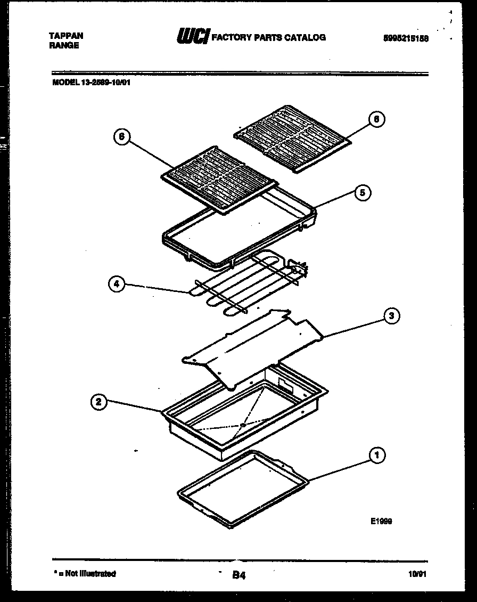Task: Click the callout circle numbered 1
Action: (377, 455)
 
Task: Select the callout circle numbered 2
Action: (97, 402)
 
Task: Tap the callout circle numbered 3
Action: (391, 316)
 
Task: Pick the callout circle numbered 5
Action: (362, 193)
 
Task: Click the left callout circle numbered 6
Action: (121, 137)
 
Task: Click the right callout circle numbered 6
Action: (376, 119)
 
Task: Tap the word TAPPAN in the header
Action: (66, 36)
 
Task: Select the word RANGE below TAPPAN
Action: (64, 46)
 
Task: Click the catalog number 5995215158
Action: (406, 38)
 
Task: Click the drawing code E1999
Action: (381, 522)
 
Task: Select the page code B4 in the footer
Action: (239, 575)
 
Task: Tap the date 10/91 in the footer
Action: (417, 574)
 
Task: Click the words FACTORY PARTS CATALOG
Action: (269, 37)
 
